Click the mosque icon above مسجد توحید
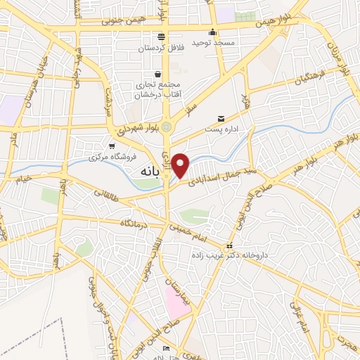213,32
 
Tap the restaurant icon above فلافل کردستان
161,37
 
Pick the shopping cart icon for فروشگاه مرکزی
112,146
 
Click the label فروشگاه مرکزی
112,157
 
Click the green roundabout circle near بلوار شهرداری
167,127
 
